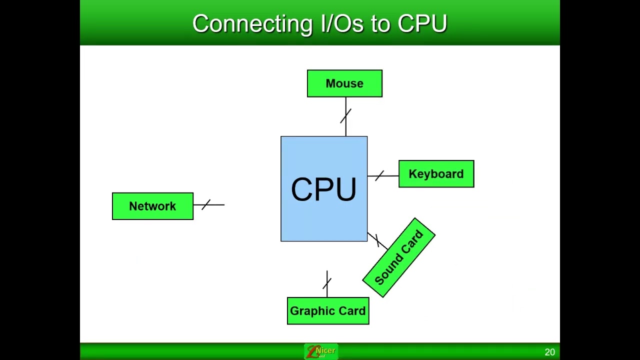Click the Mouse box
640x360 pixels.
pos(344,83)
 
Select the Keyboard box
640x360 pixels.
pos(436,174)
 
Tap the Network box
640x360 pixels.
pos(152,206)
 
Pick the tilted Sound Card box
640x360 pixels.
pos(399,258)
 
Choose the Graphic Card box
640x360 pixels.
pos(328,311)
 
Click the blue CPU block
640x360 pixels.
pos(324,189)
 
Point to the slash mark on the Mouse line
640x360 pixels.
pos(345,116)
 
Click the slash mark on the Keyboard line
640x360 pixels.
pos(379,176)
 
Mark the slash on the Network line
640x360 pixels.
pos(206,204)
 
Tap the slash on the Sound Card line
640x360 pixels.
pos(377,240)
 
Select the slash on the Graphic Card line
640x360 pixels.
pos(327,283)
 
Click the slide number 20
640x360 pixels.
pos(549,352)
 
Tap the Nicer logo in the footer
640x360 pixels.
pos(320,351)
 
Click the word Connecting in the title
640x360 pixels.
pos(252,24)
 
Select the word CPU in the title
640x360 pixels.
pos(422,24)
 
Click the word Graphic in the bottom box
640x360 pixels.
pos(310,311)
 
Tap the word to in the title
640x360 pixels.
pos(379,24)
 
